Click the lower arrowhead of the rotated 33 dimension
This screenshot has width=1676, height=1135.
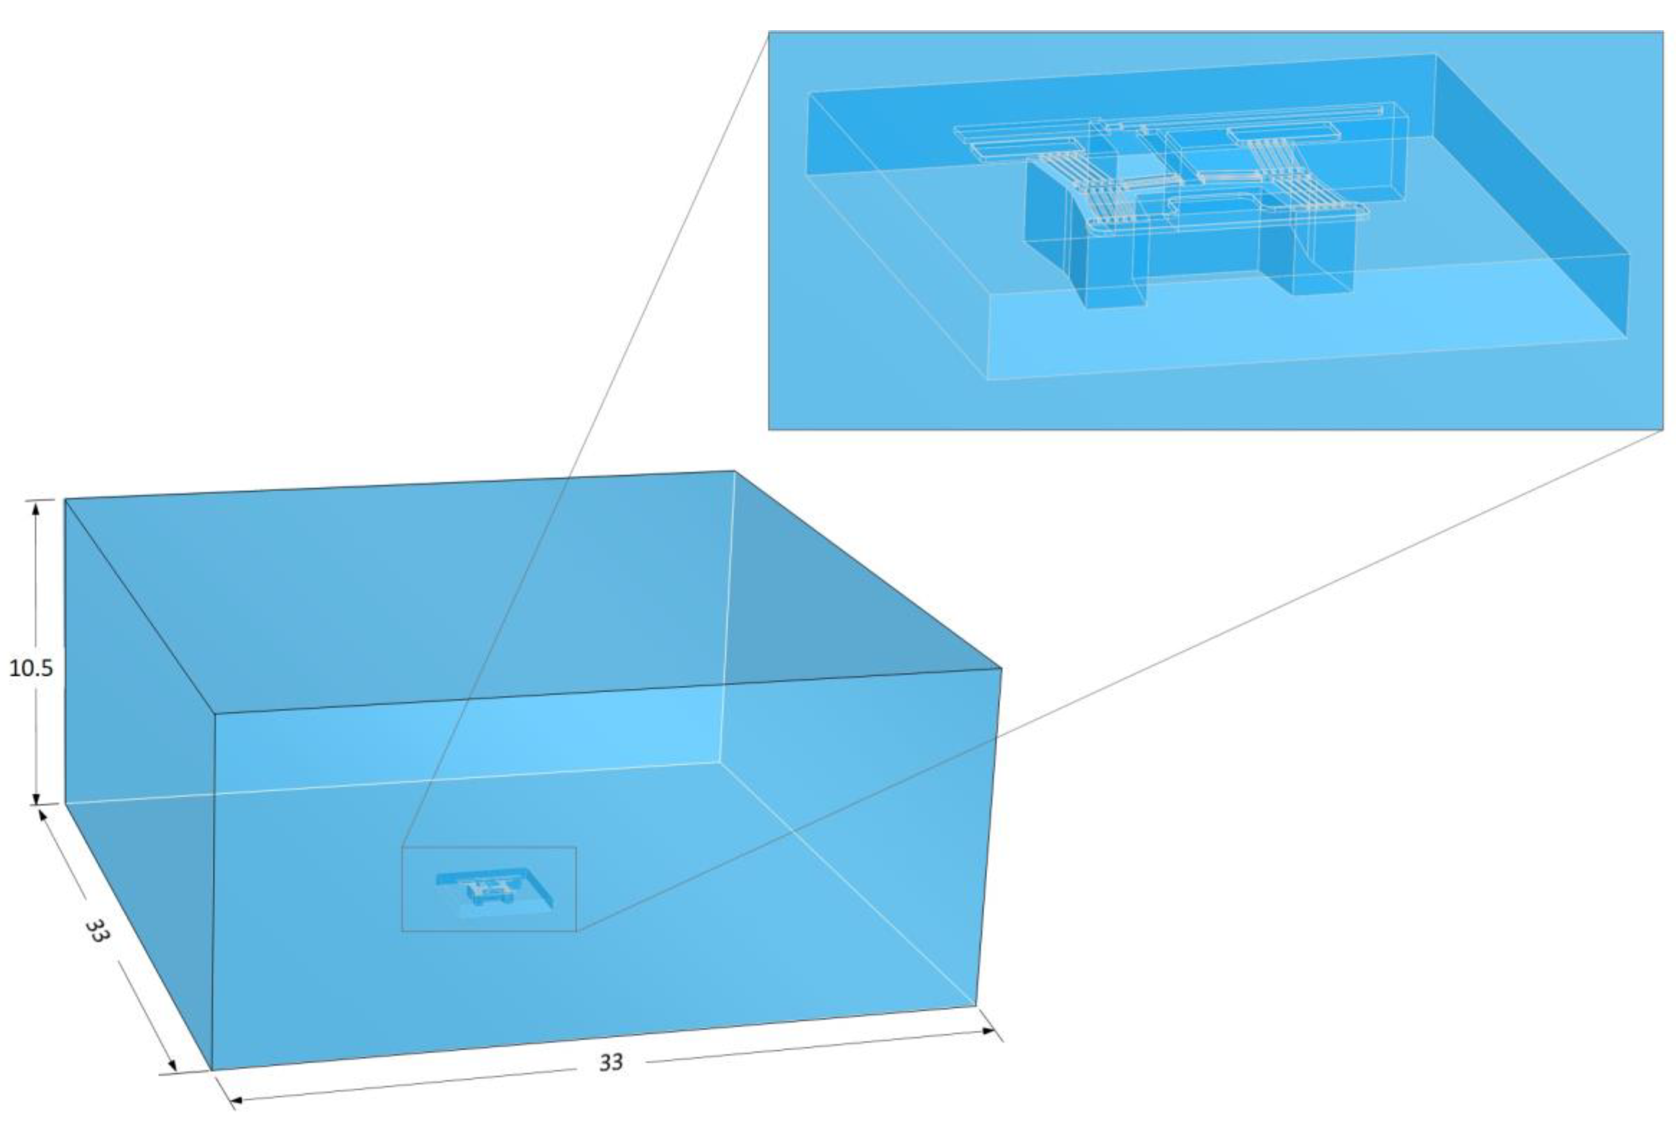[172, 1065]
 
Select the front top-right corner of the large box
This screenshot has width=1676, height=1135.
[1001, 669]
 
